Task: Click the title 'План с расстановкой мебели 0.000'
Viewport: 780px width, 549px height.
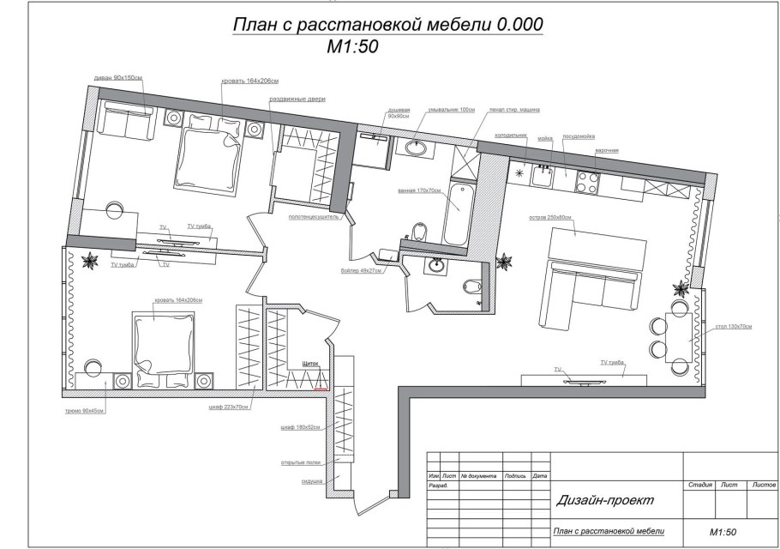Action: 387,26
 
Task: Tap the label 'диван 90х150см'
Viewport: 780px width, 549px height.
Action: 117,78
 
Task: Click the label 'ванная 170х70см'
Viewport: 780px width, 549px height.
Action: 418,190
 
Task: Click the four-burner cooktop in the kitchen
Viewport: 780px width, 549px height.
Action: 587,181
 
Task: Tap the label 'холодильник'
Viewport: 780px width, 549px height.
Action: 509,136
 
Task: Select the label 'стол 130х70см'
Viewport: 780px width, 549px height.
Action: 734,327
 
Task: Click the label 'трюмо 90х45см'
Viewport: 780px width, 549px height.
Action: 85,410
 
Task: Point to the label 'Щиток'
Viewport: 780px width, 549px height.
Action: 309,364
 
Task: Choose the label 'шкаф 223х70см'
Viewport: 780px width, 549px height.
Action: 229,407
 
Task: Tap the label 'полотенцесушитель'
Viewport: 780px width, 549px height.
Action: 315,218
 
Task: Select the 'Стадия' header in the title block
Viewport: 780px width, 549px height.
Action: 701,486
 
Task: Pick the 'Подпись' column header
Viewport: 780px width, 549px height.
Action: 515,475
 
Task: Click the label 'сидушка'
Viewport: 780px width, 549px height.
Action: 312,481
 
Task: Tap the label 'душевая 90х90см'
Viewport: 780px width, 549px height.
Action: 399,113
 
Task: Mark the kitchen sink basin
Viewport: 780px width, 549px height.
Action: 542,176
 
